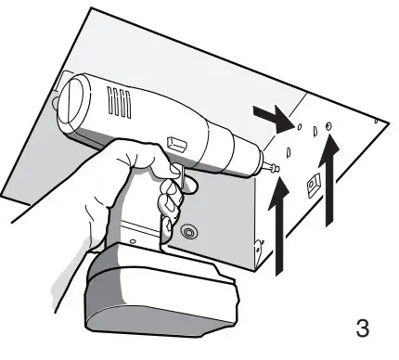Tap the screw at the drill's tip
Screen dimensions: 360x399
click(272, 168)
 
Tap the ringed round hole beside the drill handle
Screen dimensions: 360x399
click(190, 231)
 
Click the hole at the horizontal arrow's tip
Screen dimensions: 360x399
click(300, 126)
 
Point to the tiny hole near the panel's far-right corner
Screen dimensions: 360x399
click(375, 120)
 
